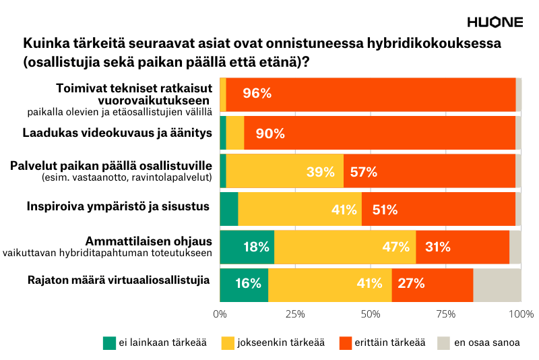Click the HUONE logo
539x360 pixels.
click(495, 22)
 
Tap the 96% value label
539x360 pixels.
click(257, 94)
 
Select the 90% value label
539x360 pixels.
click(270, 133)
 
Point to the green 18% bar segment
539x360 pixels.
click(247, 247)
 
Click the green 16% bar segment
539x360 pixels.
click(243, 284)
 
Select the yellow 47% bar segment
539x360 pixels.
click(345, 247)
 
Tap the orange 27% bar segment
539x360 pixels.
click(432, 284)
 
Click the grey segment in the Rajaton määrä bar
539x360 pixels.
click(497, 284)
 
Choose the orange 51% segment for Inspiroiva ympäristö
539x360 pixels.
click(438, 209)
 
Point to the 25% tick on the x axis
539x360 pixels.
click(295, 313)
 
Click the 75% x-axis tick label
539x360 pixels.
click(446, 313)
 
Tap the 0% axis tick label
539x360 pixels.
click(220, 313)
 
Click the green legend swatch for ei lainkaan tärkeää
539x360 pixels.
click(109, 342)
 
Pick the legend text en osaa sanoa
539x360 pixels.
click(486, 342)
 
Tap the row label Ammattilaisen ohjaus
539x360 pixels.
click(148, 241)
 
